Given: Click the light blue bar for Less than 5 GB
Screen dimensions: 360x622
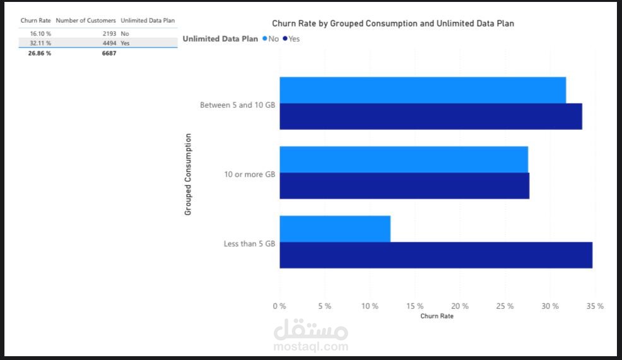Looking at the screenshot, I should point(335,229).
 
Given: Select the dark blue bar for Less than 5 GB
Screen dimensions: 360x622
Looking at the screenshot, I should point(436,255).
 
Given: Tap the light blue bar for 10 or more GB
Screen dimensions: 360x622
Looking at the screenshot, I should point(404,160).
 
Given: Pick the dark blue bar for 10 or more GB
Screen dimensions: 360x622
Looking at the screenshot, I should point(404,186).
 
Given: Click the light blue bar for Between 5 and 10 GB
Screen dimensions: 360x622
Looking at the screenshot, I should point(423,90).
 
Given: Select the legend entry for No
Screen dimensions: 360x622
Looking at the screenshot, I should point(271,39).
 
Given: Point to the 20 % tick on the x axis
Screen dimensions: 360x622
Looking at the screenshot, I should point(460,306).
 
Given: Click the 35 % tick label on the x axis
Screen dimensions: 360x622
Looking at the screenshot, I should point(595,306).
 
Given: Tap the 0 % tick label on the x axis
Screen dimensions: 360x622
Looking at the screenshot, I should point(279,306).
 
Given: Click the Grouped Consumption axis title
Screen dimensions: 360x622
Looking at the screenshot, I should point(188,175).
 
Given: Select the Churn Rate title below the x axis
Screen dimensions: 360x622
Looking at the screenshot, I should point(437,316).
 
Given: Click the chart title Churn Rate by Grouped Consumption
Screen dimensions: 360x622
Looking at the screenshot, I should point(393,23).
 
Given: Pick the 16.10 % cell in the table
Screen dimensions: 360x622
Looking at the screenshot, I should point(40,33).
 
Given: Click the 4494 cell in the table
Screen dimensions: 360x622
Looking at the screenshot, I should point(109,43).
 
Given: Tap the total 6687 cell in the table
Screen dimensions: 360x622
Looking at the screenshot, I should point(109,53).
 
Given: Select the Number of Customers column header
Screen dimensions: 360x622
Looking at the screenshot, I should point(86,21).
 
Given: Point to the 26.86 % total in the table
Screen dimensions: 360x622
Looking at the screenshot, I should point(39,53).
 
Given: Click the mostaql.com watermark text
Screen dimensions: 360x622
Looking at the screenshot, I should point(311,346).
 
